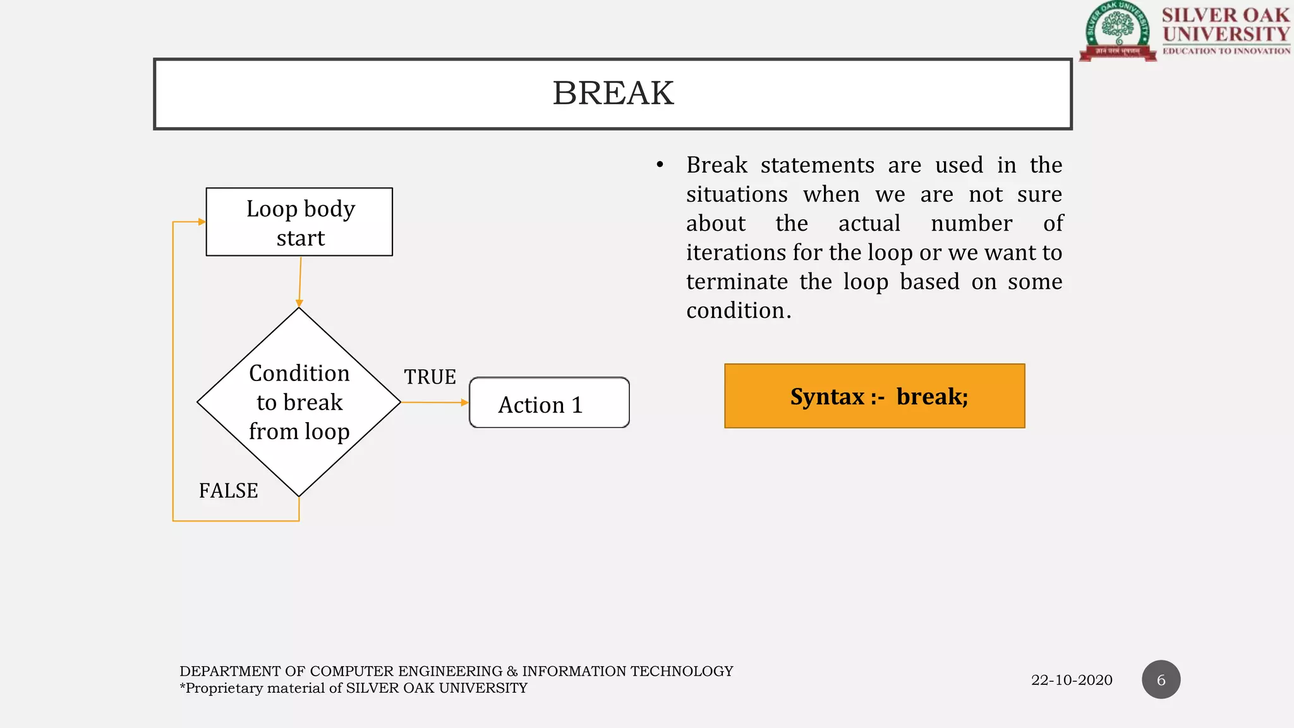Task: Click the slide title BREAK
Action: [x=613, y=94]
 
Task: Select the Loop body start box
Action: [x=299, y=222]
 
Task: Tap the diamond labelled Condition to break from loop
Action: [x=299, y=402]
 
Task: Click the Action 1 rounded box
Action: [x=548, y=403]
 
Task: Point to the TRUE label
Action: [x=430, y=377]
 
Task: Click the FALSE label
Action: [x=228, y=491]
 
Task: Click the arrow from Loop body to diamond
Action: [x=300, y=282]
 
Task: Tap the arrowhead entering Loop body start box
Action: [x=201, y=222]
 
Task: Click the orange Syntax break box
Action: [x=874, y=396]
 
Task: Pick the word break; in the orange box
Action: [x=932, y=397]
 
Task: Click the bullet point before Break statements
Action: [x=660, y=166]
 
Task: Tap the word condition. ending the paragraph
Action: [x=738, y=311]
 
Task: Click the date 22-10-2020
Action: [x=1072, y=681]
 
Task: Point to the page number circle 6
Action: [x=1161, y=680]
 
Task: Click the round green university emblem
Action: [x=1118, y=30]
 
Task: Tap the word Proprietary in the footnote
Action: [x=224, y=688]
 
